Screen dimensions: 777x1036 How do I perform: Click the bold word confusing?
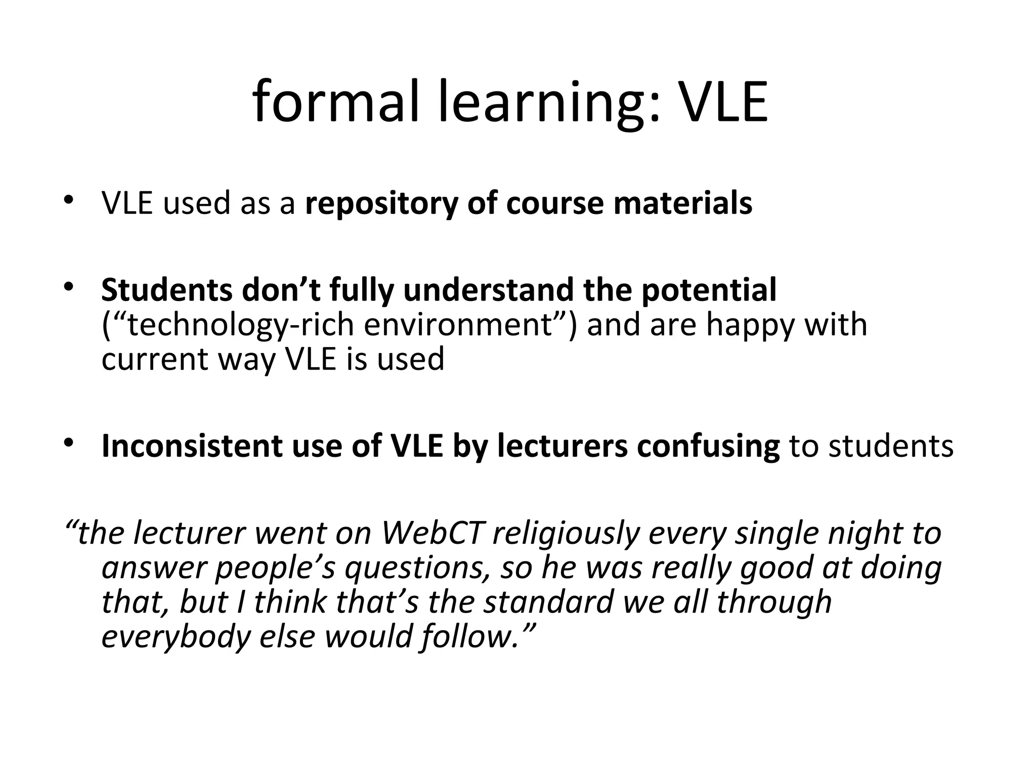(x=708, y=446)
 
